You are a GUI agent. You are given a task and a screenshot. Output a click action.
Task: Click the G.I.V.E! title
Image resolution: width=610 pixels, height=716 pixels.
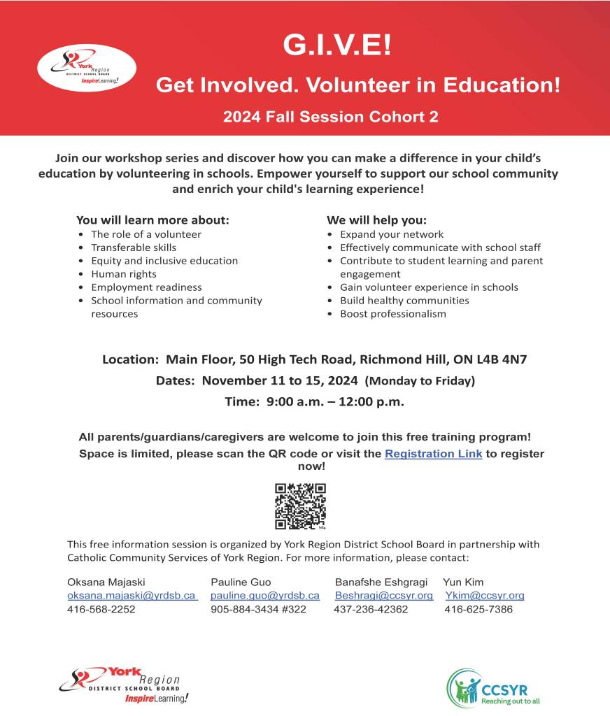click(338, 45)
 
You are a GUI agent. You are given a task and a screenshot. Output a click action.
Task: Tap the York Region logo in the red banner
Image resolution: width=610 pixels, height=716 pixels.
click(87, 67)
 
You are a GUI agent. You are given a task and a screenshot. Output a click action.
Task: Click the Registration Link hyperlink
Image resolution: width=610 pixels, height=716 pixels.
click(433, 454)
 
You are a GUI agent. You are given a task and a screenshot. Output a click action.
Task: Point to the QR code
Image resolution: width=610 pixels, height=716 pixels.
click(301, 506)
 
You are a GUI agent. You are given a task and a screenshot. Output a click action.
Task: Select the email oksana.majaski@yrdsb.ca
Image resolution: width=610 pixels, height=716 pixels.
click(132, 596)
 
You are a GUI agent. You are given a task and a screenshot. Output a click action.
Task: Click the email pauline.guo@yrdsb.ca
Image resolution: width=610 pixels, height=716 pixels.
click(265, 596)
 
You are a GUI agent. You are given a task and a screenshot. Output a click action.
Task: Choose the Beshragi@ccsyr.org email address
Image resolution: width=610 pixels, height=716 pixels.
click(384, 596)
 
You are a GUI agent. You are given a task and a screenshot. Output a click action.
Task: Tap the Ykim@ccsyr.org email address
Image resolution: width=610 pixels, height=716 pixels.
click(485, 596)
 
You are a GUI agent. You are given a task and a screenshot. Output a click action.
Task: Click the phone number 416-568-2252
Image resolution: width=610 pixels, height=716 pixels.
click(101, 610)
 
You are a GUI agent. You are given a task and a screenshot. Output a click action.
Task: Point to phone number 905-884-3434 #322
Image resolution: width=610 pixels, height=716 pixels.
click(258, 610)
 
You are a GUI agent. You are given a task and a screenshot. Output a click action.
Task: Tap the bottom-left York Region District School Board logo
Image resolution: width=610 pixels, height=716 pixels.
click(120, 685)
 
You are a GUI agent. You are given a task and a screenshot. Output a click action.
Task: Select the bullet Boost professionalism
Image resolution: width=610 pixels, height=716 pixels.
click(392, 314)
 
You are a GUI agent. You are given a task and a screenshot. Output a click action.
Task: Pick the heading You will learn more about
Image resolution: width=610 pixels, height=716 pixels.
click(152, 220)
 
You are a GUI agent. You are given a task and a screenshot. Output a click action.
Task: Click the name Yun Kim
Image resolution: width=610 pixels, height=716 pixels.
click(463, 582)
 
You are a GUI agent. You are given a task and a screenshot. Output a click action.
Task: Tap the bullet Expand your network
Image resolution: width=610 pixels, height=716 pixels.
click(392, 234)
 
